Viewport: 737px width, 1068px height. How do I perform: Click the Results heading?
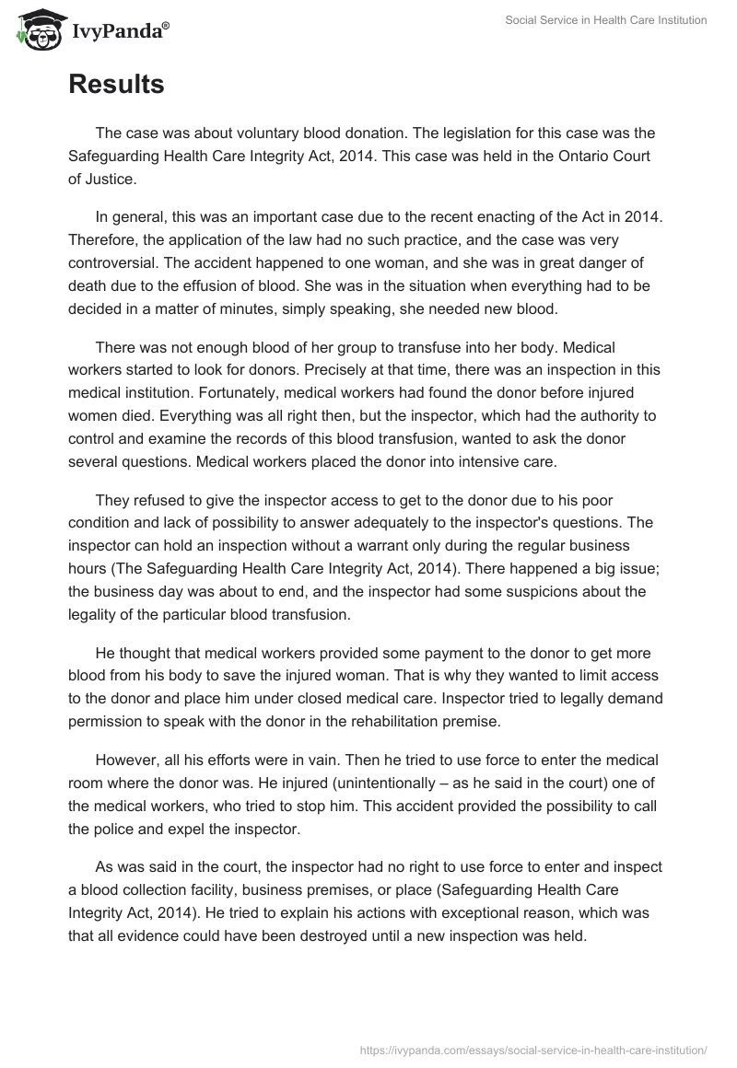[x=116, y=85]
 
